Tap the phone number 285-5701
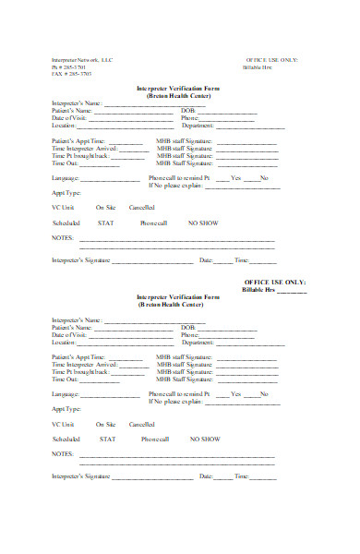point(71,67)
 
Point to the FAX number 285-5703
point(71,74)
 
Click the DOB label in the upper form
point(187,112)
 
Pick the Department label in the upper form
point(198,125)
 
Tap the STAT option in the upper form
point(107,223)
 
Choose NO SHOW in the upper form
point(204,223)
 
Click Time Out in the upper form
point(66,163)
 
